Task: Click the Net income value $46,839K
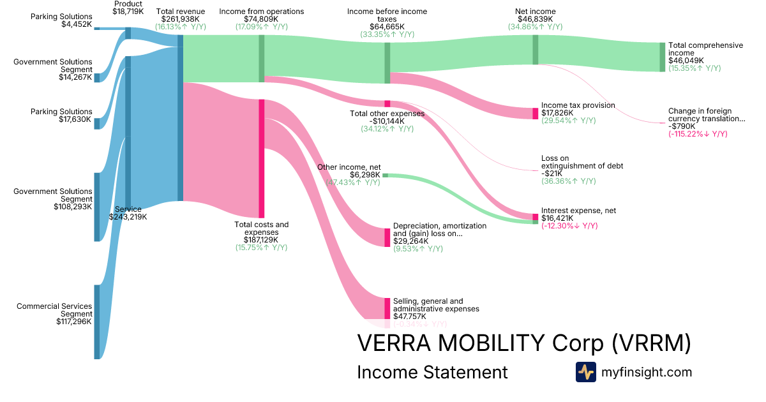535,19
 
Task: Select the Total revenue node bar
180,118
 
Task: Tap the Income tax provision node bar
536,114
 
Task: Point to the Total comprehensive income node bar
662,57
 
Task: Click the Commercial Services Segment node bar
97,322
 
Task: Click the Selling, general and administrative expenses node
387,308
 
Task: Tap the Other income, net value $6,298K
364,175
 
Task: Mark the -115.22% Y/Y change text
698,134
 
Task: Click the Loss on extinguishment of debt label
582,162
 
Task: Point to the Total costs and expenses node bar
261,158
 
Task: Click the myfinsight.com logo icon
585,371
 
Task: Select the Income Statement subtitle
432,372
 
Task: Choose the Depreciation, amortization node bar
387,237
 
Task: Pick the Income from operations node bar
261,59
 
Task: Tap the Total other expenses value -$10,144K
387,121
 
